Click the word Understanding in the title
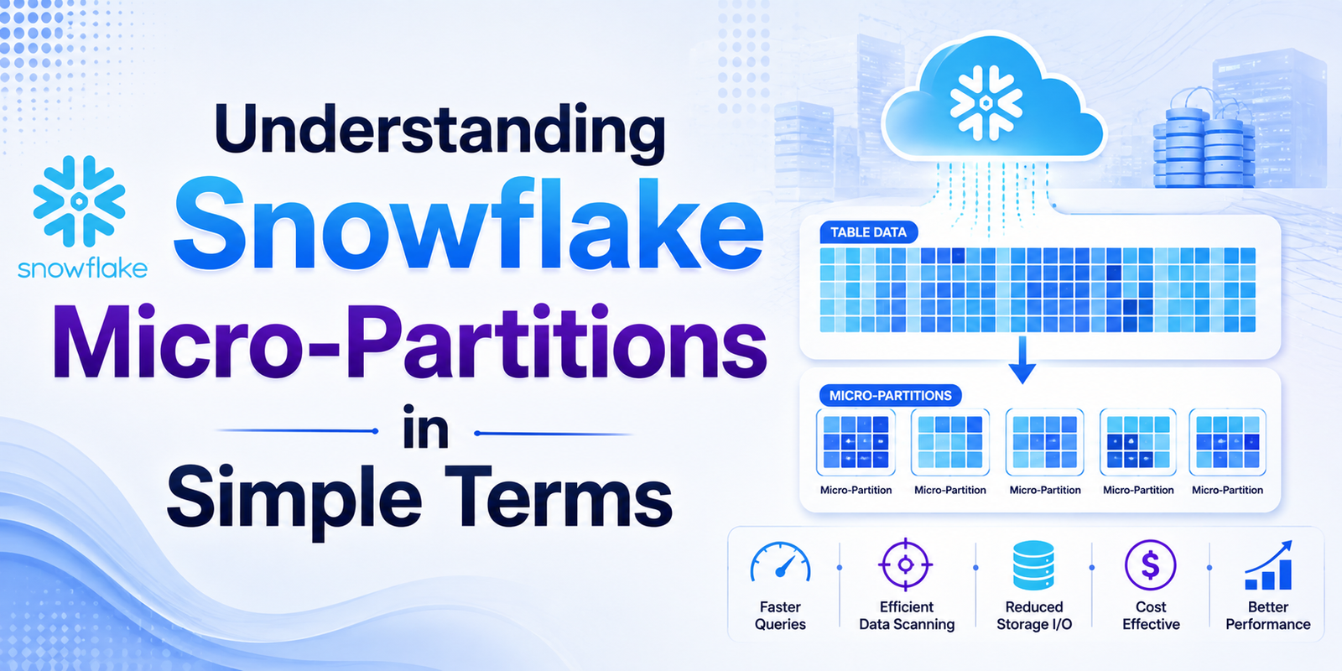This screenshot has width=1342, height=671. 440,133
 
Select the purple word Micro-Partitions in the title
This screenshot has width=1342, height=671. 410,342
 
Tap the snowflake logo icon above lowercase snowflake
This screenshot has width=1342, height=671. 79,201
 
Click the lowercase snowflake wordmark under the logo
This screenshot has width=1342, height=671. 83,269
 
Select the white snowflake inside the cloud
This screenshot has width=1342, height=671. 986,103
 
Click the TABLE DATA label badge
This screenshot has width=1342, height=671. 869,232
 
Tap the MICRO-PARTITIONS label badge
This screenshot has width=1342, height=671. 890,395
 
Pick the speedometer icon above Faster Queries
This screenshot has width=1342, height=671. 780,563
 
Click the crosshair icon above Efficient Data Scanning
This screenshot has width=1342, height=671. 906,564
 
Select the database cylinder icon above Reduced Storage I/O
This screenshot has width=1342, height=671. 1033,565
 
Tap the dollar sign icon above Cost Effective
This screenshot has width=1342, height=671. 1150,565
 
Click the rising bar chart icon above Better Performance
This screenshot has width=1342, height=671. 1269,565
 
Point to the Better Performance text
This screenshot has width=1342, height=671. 1267,616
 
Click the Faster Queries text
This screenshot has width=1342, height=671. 780,616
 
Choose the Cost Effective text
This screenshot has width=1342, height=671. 1151,616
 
